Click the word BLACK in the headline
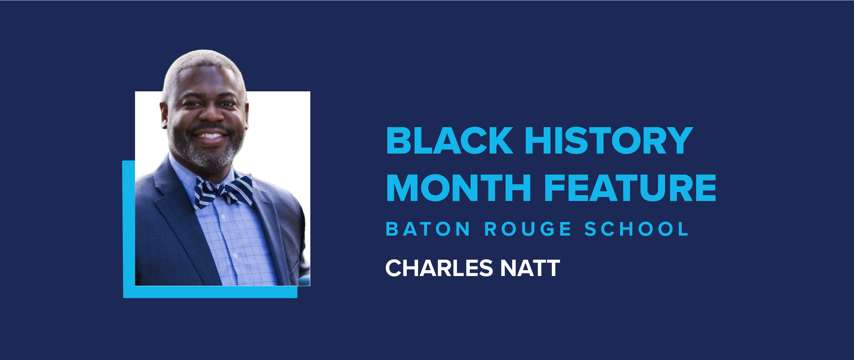(x=450, y=141)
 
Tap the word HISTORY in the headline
(x=609, y=141)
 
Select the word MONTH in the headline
(x=459, y=188)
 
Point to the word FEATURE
(x=630, y=188)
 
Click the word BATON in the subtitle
(x=428, y=229)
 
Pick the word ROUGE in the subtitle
(x=528, y=229)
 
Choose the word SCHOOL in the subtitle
(x=637, y=229)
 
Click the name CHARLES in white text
(x=439, y=268)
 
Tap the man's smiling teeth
(x=209, y=136)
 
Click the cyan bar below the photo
(x=210, y=292)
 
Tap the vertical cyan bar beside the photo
(x=129, y=225)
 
